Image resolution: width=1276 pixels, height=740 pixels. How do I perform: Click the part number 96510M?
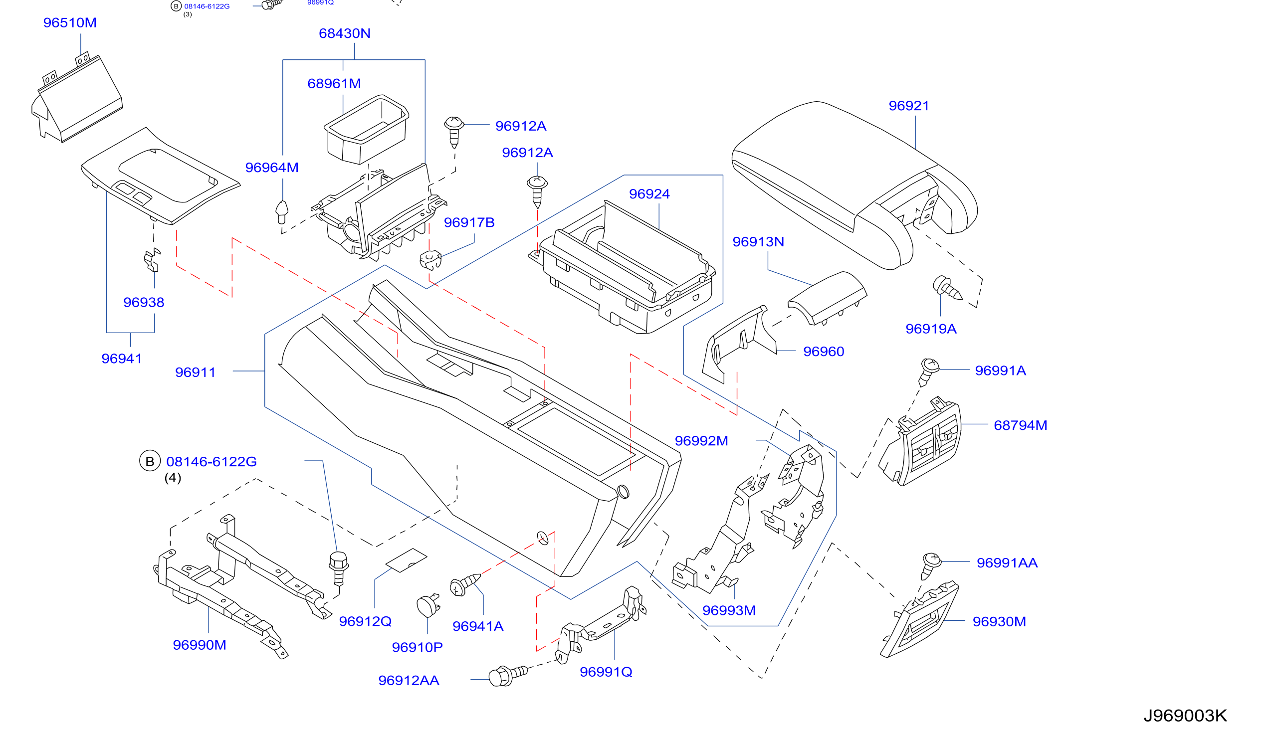(x=70, y=23)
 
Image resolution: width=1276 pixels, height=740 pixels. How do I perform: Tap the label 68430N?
(x=345, y=33)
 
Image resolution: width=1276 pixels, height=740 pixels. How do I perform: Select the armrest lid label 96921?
(x=909, y=106)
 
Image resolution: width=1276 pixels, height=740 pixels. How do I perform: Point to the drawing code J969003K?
(x=1185, y=716)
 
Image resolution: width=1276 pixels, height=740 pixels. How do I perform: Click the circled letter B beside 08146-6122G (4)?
(x=150, y=461)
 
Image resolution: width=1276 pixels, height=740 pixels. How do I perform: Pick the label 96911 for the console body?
(x=196, y=372)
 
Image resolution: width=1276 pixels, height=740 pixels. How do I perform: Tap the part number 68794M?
(x=1020, y=426)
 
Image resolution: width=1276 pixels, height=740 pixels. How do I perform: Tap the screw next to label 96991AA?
(x=930, y=566)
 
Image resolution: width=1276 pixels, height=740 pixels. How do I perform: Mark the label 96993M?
(x=729, y=611)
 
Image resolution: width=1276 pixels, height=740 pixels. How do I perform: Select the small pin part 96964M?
(x=281, y=212)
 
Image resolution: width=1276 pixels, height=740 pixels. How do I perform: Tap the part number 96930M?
(x=999, y=622)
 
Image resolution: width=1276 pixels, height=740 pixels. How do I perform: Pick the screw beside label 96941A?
(x=465, y=584)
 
